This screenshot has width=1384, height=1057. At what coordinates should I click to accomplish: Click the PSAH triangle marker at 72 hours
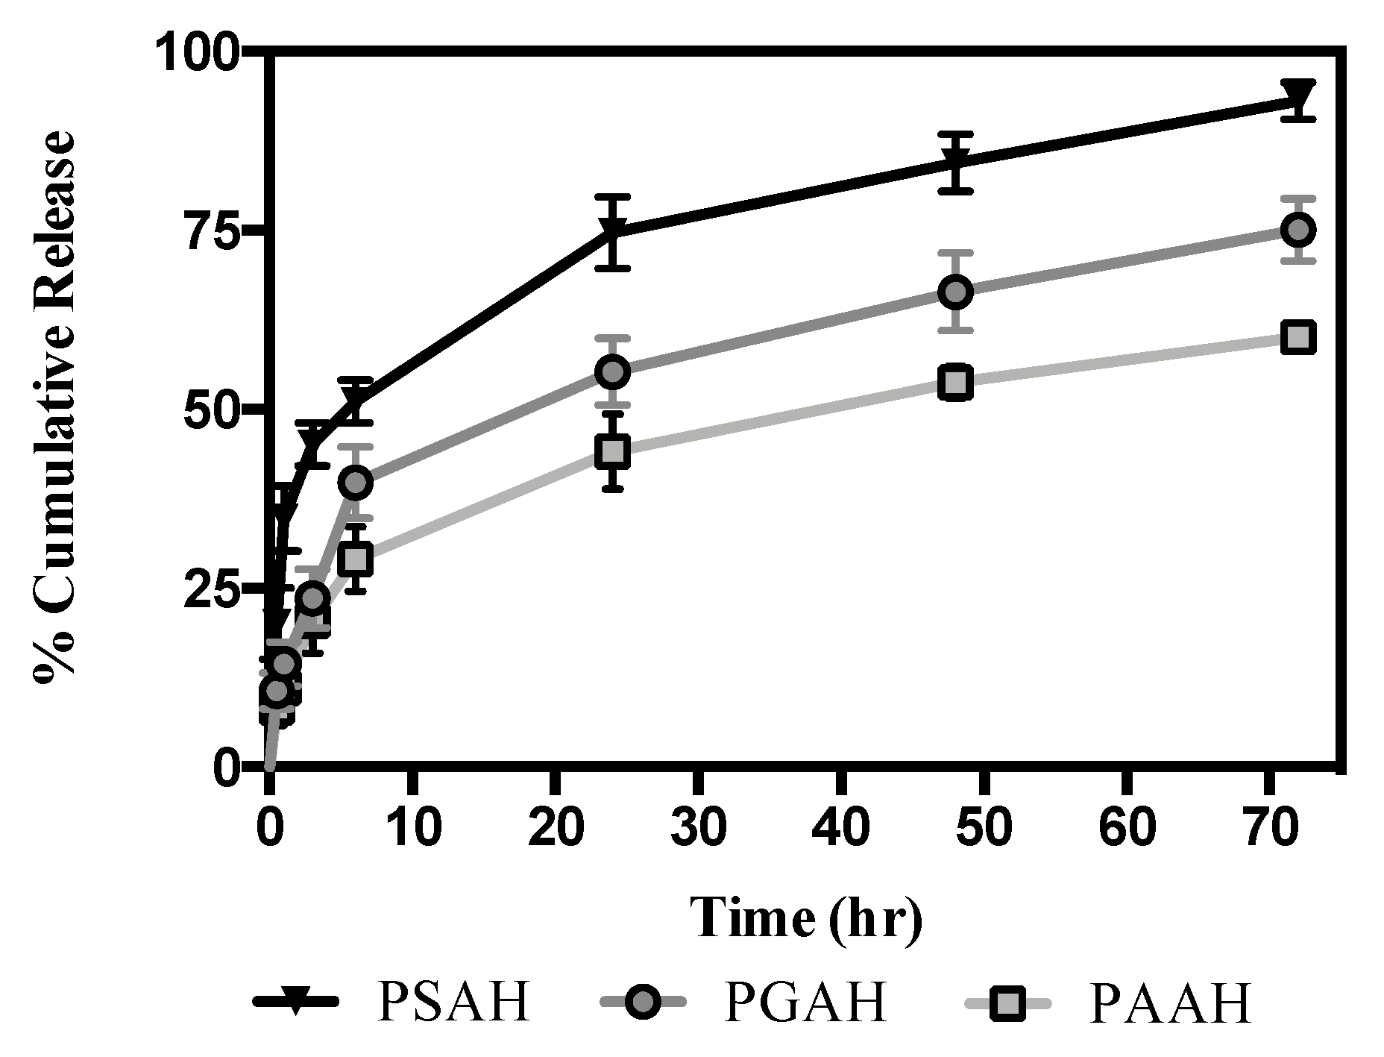coord(1297,97)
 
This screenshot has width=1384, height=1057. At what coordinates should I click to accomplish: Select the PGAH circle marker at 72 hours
coord(1297,229)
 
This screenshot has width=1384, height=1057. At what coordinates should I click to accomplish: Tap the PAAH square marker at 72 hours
coord(1297,337)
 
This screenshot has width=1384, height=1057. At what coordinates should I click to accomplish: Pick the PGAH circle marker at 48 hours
coord(956,292)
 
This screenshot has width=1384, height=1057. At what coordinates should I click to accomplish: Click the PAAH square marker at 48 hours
coord(956,383)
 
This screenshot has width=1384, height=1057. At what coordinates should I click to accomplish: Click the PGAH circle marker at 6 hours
coord(356,483)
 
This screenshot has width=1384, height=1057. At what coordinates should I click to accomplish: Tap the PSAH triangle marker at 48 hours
coord(956,160)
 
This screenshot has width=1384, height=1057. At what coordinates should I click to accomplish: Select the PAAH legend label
coord(1169,1003)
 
